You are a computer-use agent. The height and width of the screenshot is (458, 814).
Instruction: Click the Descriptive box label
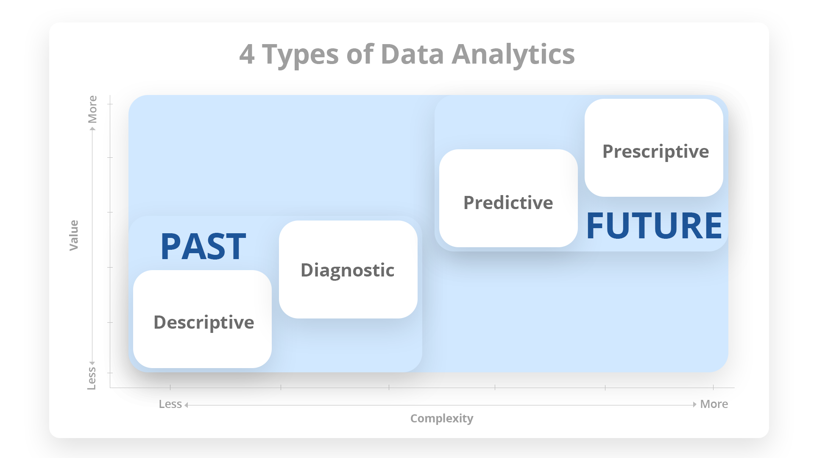pyautogui.click(x=204, y=323)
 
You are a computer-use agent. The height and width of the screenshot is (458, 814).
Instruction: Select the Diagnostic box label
pyautogui.click(x=348, y=271)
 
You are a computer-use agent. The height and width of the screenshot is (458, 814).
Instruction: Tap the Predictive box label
pyautogui.click(x=508, y=203)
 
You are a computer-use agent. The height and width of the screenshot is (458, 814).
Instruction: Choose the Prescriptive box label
pyautogui.click(x=656, y=152)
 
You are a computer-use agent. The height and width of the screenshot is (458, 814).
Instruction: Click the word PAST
pyautogui.click(x=203, y=246)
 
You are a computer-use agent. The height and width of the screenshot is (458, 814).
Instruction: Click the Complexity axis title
pyautogui.click(x=442, y=419)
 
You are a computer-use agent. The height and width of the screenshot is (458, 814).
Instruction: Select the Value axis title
pyautogui.click(x=74, y=235)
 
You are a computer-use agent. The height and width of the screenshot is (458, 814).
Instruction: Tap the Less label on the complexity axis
pyautogui.click(x=170, y=404)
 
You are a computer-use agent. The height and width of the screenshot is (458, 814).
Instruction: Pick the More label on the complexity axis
pyautogui.click(x=714, y=404)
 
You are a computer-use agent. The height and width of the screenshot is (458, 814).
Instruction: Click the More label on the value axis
pyautogui.click(x=92, y=109)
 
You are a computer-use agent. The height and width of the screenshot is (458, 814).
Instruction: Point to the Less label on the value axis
pyautogui.click(x=92, y=378)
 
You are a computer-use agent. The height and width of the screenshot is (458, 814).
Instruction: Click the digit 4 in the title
pyautogui.click(x=247, y=54)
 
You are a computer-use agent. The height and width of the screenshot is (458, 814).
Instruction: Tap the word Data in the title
pyautogui.click(x=412, y=54)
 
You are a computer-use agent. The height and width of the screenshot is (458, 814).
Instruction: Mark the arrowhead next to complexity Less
pyautogui.click(x=186, y=405)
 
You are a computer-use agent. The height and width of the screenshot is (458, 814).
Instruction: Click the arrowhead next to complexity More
pyautogui.click(x=694, y=405)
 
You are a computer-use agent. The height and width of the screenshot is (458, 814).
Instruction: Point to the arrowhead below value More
pyautogui.click(x=92, y=129)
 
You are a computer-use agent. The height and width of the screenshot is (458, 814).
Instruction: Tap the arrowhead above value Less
pyautogui.click(x=92, y=363)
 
